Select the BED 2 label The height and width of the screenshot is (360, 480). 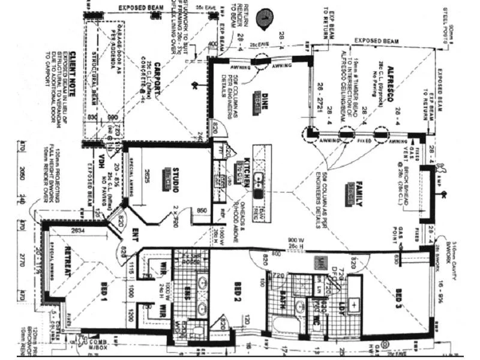click(x=238, y=292)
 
